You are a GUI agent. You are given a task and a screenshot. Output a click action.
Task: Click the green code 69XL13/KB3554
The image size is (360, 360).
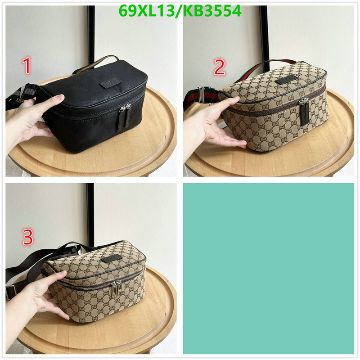[180, 11]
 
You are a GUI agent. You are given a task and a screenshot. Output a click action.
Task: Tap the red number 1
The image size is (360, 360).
[27, 66]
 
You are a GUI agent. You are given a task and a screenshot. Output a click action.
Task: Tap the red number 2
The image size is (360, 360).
[219, 67]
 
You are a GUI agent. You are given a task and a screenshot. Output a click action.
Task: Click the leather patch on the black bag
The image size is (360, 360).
[110, 83]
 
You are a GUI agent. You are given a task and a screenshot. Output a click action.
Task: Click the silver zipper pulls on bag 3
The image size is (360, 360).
[116, 289]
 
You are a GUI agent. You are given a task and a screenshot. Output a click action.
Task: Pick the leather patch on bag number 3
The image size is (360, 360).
[112, 258]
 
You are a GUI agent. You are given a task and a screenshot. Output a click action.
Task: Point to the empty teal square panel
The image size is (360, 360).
[268, 268]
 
